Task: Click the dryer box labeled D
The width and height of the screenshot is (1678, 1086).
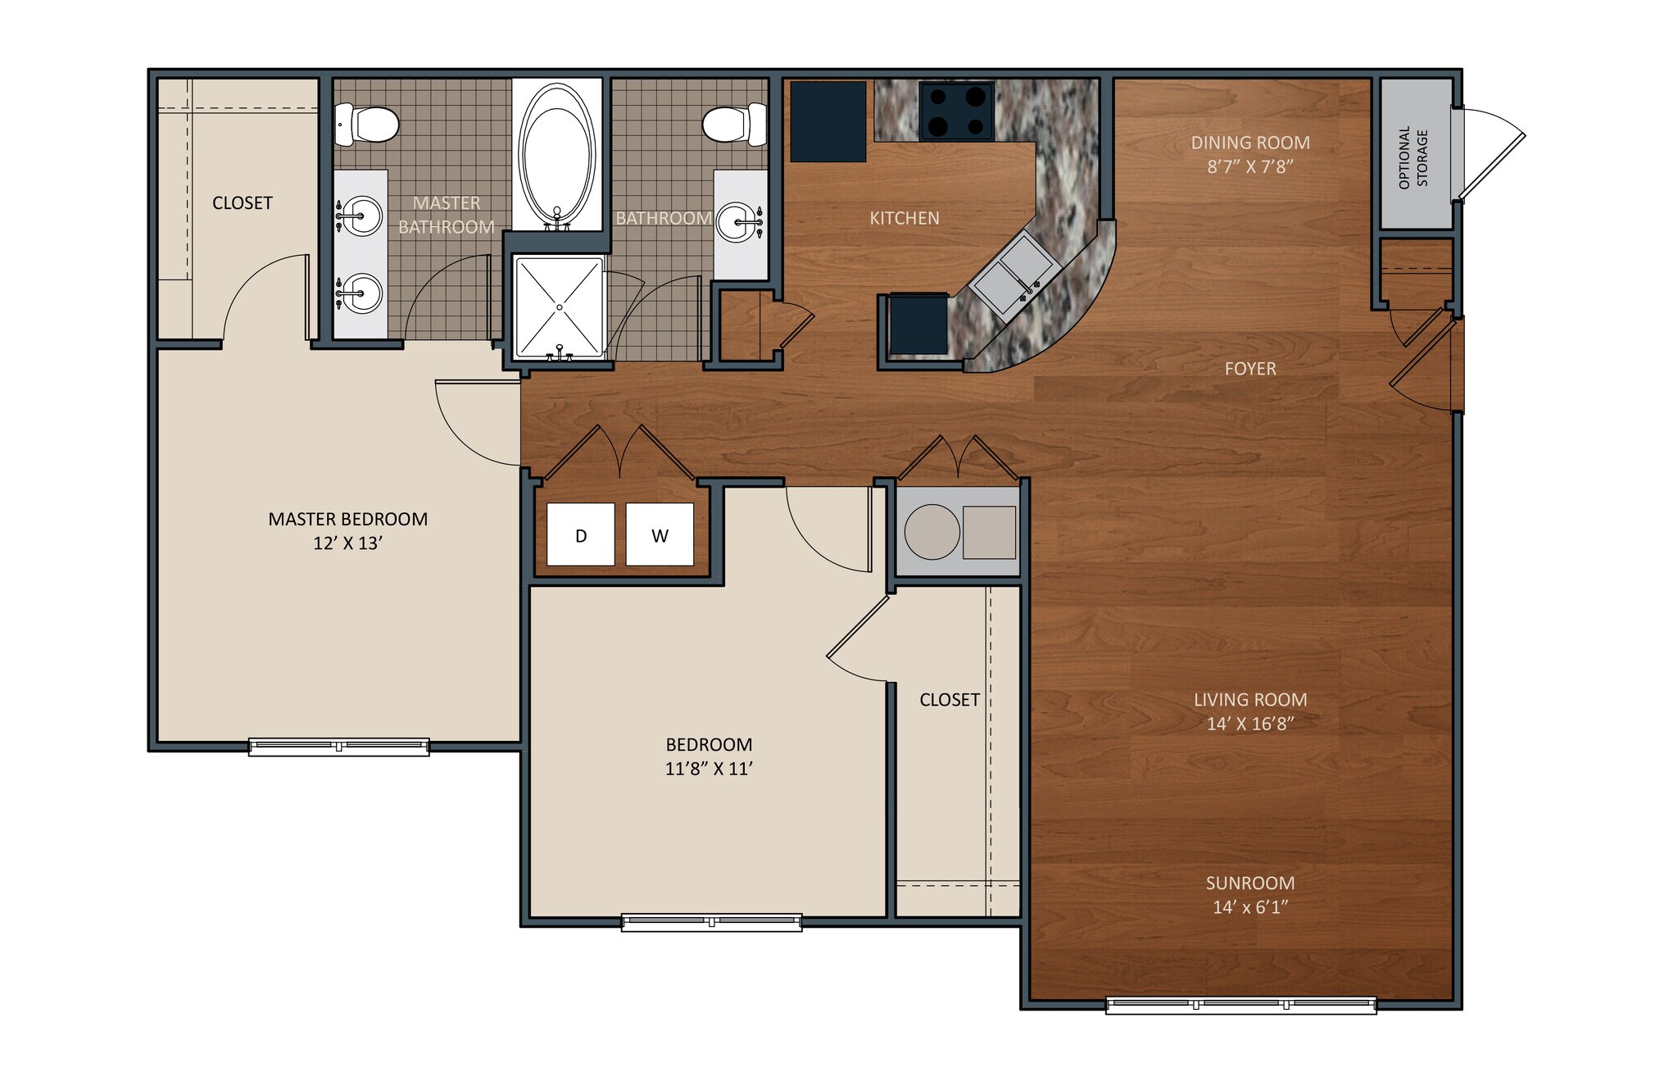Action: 580,534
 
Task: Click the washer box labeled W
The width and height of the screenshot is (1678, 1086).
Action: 660,534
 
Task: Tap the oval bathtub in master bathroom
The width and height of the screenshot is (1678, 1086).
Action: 557,156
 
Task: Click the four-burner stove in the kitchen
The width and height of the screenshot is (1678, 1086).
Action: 956,111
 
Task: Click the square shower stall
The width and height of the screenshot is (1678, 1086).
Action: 559,307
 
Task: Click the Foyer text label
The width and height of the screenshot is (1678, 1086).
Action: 1249,369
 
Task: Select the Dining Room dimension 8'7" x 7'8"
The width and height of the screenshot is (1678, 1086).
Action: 1249,166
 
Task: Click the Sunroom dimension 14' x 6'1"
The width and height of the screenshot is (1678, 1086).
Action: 1249,907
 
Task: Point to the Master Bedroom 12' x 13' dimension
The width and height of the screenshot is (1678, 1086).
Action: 347,543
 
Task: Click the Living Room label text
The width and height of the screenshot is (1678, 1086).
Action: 1249,700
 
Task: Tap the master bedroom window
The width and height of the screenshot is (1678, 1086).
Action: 338,747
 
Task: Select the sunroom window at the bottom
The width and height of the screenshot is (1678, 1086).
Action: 1240,1004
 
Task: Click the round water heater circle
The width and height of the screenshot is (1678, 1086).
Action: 932,532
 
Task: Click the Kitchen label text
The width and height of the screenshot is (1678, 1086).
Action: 904,218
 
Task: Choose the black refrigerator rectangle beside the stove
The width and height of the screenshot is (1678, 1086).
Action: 828,121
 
